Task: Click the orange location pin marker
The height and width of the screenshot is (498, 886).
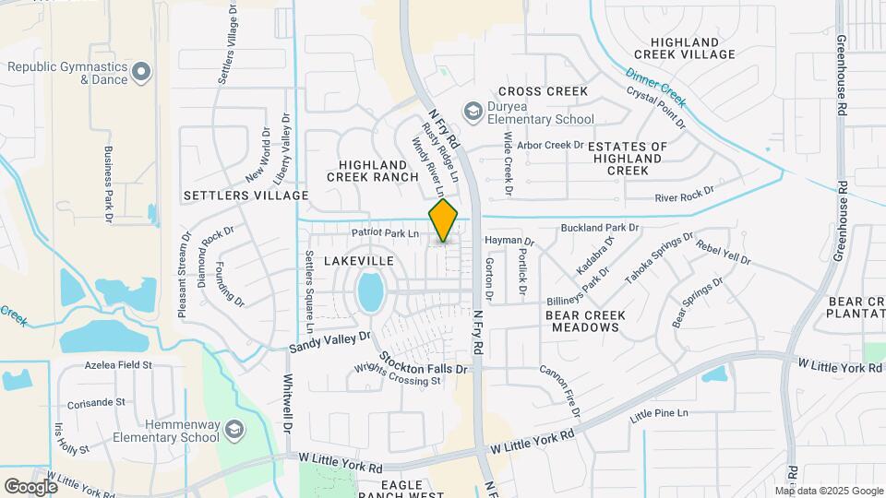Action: [444, 219]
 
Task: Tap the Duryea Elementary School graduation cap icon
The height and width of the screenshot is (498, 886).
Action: [473, 112]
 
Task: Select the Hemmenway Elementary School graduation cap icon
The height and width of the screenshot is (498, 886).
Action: [234, 429]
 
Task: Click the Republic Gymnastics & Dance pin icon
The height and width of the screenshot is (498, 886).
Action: [140, 70]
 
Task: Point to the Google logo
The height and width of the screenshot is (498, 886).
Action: [30, 486]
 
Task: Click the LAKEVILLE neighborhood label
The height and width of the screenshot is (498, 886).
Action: [359, 261]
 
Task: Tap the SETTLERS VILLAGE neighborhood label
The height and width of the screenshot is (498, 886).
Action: [245, 196]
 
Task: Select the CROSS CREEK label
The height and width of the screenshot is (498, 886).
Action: [543, 91]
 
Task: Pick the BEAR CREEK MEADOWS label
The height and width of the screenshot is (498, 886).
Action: [585, 321]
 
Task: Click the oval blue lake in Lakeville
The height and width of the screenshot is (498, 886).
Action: [370, 291]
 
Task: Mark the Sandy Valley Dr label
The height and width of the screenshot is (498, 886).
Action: [329, 343]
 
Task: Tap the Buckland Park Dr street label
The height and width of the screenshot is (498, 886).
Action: [600, 227]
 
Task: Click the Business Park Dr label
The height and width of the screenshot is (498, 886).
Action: [108, 184]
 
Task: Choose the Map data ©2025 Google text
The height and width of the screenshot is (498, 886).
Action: [835, 491]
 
